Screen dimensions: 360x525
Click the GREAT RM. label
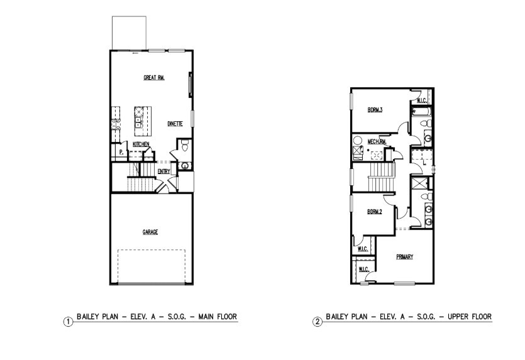(153, 78)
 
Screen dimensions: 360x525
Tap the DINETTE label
(175, 124)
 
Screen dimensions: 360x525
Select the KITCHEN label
(141, 145)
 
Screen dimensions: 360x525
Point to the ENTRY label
(163, 171)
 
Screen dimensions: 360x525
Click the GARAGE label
(150, 232)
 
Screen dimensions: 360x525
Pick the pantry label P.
(120, 152)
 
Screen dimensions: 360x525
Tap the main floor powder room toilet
(184, 146)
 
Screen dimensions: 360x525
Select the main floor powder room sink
(185, 165)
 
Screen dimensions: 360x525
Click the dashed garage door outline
(152, 266)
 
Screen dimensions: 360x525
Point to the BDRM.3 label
(375, 110)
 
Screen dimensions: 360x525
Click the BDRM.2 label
(375, 212)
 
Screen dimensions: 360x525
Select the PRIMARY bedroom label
(404, 256)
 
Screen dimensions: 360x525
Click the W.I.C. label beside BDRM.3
(420, 101)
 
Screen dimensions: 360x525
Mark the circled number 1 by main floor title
(68, 322)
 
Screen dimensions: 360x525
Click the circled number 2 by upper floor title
(318, 322)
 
